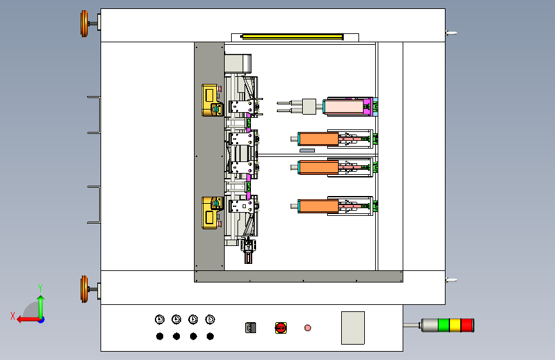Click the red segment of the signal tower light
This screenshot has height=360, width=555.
pyautogui.click(x=468, y=325)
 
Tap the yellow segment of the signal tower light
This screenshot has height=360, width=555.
pyautogui.click(x=455, y=325)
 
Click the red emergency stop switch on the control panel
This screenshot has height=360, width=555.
pyautogui.click(x=280, y=328)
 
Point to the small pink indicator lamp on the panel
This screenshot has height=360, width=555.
pyautogui.click(x=308, y=328)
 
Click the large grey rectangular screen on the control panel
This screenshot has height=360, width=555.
pyautogui.click(x=353, y=327)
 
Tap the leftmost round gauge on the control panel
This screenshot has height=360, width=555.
pyautogui.click(x=159, y=319)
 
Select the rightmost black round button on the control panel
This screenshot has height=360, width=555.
pyautogui.click(x=210, y=336)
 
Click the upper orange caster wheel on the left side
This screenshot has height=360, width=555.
pyautogui.click(x=84, y=24)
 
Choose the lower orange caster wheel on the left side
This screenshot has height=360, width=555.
pyautogui.click(x=84, y=289)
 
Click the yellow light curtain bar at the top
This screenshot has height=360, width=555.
pyautogui.click(x=292, y=37)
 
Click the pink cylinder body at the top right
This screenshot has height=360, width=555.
pyautogui.click(x=346, y=106)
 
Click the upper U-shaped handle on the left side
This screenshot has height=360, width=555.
pyautogui.click(x=94, y=115)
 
